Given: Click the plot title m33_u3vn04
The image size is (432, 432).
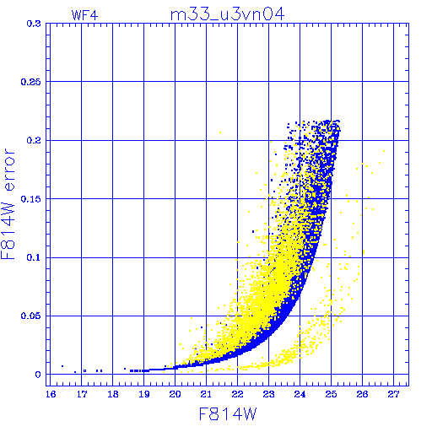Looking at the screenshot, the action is [x=227, y=14].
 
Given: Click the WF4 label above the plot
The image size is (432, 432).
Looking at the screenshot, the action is [x=84, y=15].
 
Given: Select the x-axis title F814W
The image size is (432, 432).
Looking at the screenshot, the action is [x=228, y=414].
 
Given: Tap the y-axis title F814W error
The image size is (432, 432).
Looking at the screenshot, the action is [x=8, y=204].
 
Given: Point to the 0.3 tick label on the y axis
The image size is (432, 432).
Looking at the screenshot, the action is [x=34, y=24].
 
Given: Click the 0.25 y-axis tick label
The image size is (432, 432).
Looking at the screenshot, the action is [x=30, y=82].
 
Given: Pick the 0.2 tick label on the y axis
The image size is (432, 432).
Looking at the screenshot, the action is [x=34, y=140].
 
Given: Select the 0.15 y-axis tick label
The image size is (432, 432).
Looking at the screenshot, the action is [x=30, y=199].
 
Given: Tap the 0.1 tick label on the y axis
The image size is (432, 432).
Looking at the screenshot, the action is [x=34, y=257].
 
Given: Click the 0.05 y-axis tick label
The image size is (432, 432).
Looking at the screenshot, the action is [x=30, y=316].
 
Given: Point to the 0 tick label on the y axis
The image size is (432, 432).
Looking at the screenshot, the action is [x=38, y=375].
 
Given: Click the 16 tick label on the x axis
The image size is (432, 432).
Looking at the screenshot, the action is [x=51, y=394].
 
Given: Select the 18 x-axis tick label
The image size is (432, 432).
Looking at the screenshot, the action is [x=113, y=394].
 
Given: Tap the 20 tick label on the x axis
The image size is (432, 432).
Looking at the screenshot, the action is [x=175, y=394].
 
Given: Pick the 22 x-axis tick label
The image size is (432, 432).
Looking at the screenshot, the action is [x=237, y=394].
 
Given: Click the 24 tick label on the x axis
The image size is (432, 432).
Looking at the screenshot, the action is [x=300, y=394].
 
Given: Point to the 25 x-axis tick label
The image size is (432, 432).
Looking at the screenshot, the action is [x=331, y=394].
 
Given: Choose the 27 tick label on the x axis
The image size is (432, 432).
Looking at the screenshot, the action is [x=393, y=394].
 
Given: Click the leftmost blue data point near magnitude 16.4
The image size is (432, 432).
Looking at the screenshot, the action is [x=62, y=366].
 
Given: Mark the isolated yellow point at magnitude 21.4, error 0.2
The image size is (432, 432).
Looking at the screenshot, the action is [x=220, y=132].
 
